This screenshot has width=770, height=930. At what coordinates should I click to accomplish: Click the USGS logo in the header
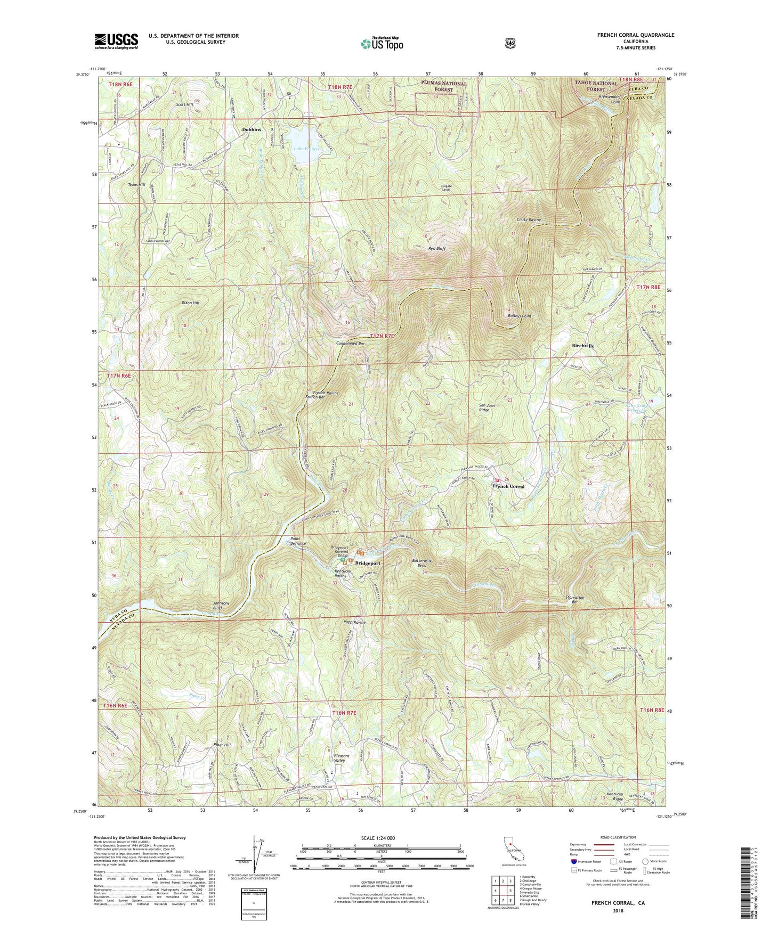tap(116, 41)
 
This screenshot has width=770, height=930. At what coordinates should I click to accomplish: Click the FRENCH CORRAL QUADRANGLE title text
tap(635, 35)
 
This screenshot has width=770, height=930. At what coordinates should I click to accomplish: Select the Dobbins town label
tap(252, 129)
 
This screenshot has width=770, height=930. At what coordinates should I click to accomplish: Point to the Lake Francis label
tap(306, 149)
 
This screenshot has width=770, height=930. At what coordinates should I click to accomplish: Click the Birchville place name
tap(583, 346)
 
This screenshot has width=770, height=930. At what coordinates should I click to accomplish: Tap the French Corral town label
tap(508, 486)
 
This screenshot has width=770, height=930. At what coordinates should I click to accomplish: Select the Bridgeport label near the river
tap(368, 563)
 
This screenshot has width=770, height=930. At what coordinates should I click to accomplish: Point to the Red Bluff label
tap(436, 248)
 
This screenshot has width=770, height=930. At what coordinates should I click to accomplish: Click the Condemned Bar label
tap(350, 344)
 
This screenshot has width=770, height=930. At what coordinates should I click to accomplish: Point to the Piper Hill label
tap(223, 745)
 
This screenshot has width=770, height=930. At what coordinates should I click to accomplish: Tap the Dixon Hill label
tap(190, 303)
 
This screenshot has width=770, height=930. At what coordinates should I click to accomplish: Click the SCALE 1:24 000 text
tap(378, 838)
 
